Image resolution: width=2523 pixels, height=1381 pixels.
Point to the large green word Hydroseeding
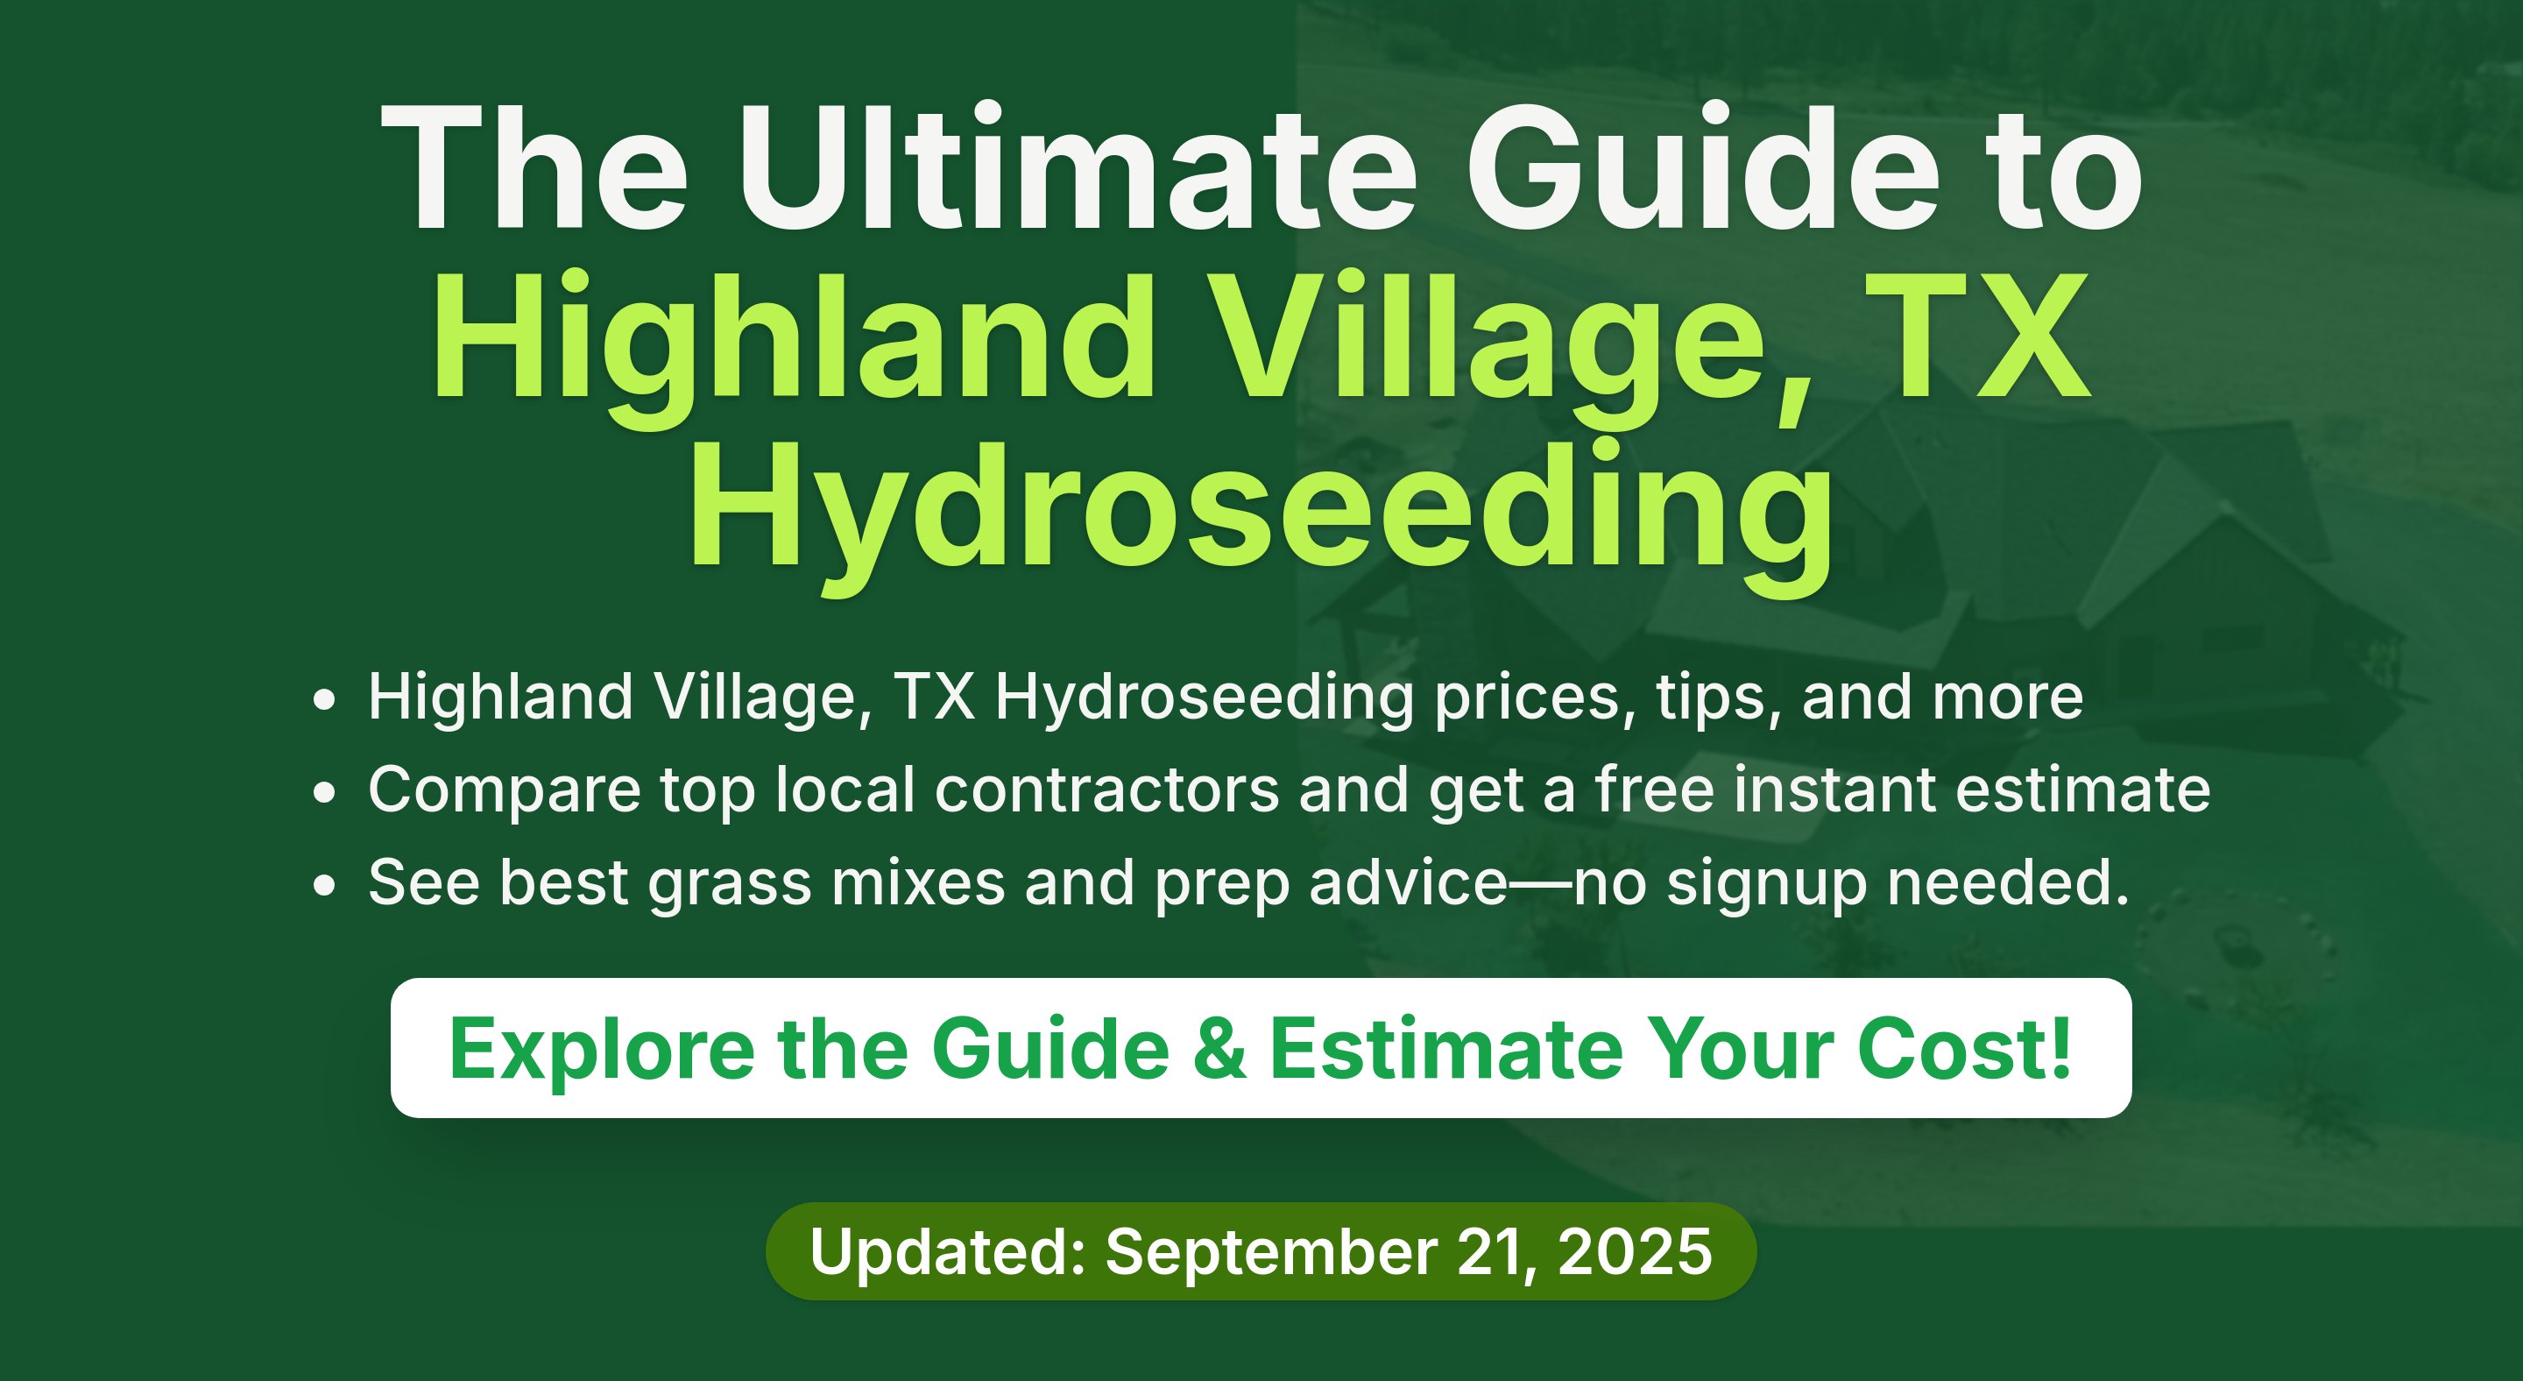(x=1261, y=515)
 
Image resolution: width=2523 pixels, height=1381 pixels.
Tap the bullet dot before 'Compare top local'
(x=324, y=792)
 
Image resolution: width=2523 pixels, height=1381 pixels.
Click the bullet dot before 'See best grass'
(x=324, y=885)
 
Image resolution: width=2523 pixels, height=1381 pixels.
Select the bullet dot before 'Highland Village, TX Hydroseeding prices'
(x=324, y=700)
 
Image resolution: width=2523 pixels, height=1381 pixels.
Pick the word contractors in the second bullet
(x=1106, y=790)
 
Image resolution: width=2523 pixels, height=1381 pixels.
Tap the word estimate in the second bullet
(x=2083, y=790)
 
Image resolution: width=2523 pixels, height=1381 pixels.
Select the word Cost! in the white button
(x=1965, y=1048)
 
